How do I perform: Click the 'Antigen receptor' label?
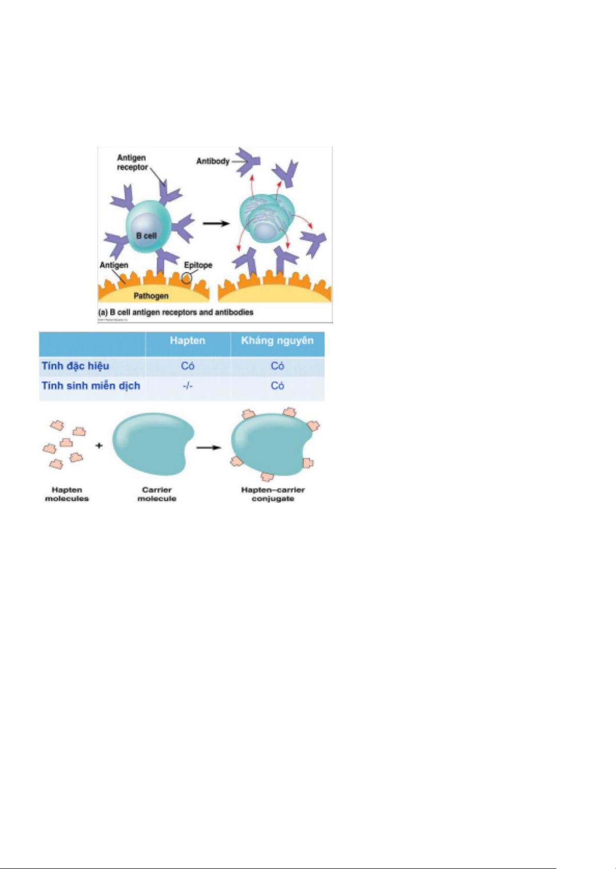tap(132, 162)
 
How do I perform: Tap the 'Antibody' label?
tap(213, 161)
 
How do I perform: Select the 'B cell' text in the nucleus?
tap(146, 236)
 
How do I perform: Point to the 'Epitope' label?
tap(198, 265)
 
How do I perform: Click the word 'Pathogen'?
tap(151, 296)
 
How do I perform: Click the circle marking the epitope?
tap(186, 278)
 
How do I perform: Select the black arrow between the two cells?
tap(215, 223)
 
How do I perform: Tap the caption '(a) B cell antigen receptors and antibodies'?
tap(176, 313)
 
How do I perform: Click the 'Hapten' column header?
tap(187, 340)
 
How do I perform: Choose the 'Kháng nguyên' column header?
tap(277, 340)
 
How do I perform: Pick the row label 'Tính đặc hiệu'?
tap(75, 366)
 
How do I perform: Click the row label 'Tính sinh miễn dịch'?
tap(91, 386)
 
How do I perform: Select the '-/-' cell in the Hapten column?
tap(187, 386)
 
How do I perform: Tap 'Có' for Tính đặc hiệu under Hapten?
tap(187, 366)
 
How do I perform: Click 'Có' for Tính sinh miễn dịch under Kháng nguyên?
tap(277, 386)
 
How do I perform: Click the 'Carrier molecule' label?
tap(157, 494)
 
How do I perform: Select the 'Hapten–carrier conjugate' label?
tap(273, 494)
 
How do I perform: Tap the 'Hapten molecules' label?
tap(67, 494)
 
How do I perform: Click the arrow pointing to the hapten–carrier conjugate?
tap(208, 448)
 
